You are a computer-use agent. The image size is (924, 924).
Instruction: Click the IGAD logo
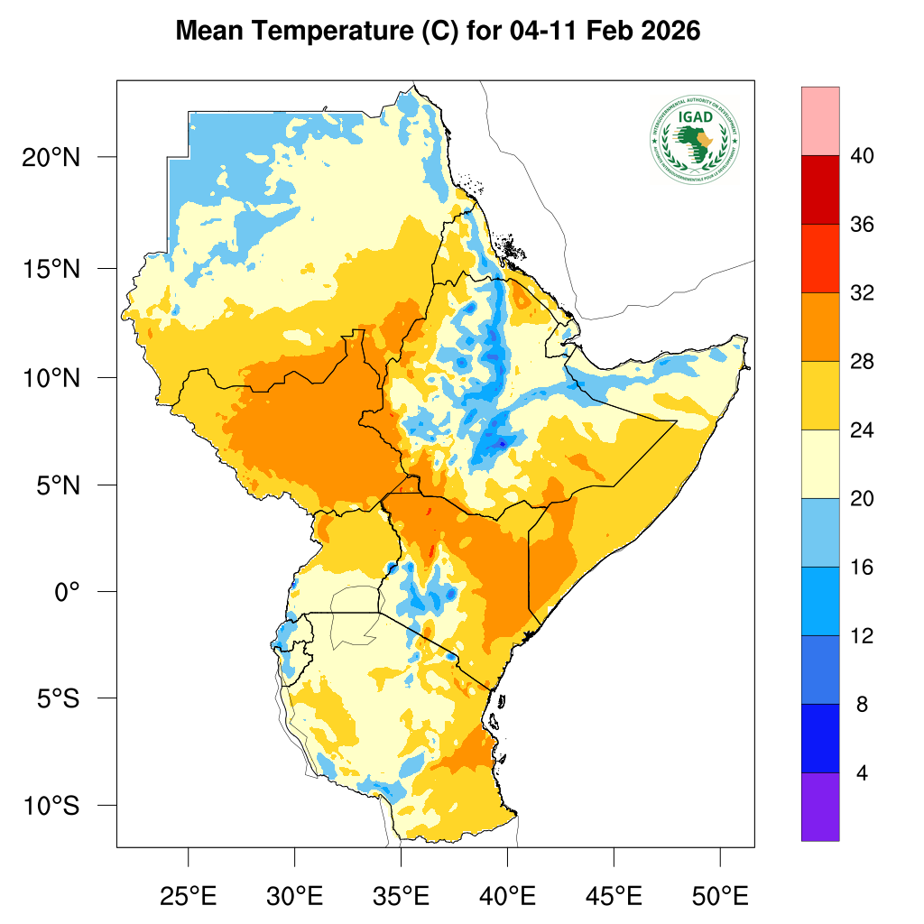coord(694,138)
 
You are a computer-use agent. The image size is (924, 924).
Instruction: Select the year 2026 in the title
coord(669,32)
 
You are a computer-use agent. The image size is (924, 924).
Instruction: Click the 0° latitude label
coord(68,592)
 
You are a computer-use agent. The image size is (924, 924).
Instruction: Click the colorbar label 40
coord(862,156)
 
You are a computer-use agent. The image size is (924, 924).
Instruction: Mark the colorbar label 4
coord(862,773)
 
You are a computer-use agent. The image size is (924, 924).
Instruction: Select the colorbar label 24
coord(862,430)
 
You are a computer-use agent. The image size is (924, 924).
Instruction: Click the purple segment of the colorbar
coord(819,807)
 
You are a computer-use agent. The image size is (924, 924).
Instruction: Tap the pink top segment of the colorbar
coord(819,121)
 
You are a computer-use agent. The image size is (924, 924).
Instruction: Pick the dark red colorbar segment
coord(819,189)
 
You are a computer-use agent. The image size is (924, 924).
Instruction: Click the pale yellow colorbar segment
coord(819,464)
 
